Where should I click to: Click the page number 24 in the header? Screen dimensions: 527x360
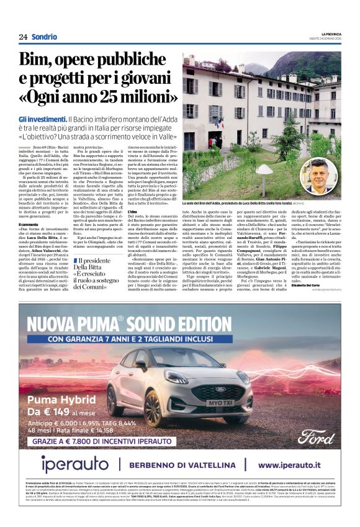tap(23, 37)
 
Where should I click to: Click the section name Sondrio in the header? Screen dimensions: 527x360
tap(44, 37)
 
